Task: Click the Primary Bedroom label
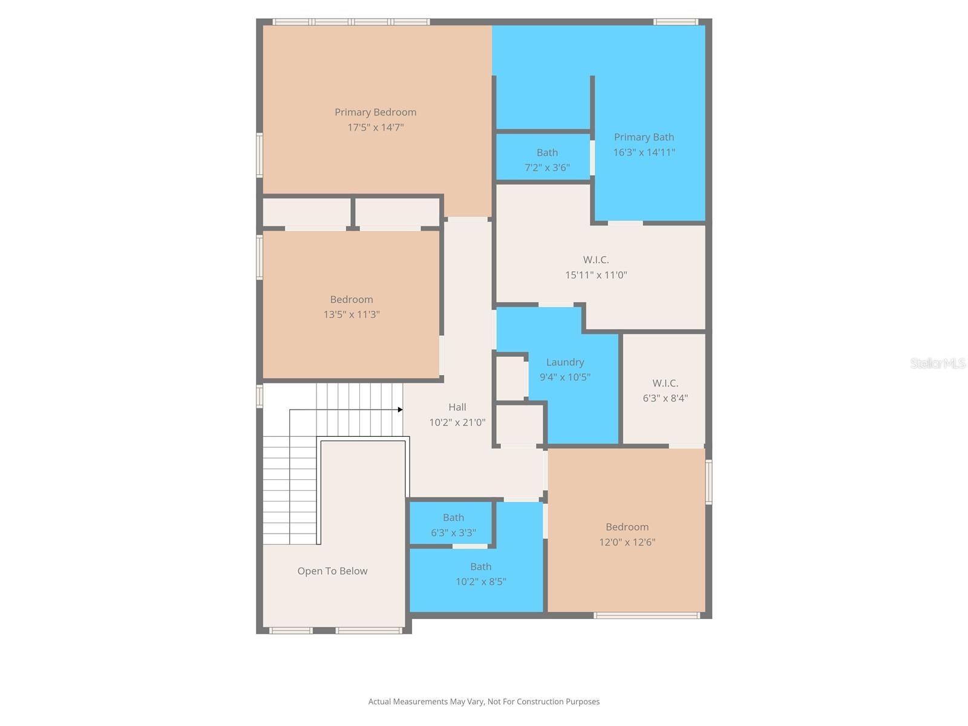click(375, 112)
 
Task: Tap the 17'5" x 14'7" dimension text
click(375, 128)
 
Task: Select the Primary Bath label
click(644, 137)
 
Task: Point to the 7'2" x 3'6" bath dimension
click(547, 168)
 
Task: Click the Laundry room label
click(565, 362)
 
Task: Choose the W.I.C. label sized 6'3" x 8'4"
click(665, 383)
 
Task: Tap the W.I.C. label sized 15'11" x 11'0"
click(596, 260)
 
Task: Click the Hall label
click(457, 407)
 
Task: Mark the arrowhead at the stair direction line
click(400, 410)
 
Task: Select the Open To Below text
click(332, 571)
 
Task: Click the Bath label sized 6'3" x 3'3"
click(453, 517)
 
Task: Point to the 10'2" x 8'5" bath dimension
click(480, 582)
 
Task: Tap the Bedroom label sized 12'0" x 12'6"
click(627, 527)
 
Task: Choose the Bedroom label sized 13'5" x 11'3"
click(352, 299)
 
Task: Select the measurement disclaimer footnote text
click(484, 702)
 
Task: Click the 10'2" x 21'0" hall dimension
click(457, 423)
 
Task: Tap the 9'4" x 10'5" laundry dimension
click(565, 378)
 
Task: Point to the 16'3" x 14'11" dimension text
click(644, 152)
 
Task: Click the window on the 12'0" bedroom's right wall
click(708, 482)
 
